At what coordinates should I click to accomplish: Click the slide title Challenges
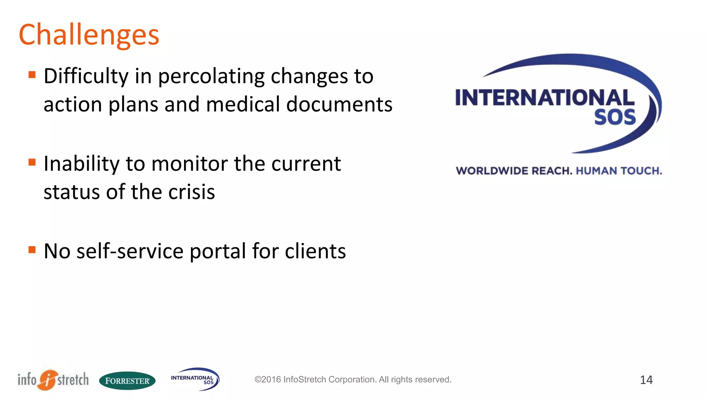coord(89,35)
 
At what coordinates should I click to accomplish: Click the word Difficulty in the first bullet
coord(86,76)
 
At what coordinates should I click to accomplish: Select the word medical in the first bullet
coord(243,104)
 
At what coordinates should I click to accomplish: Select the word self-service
coord(130,251)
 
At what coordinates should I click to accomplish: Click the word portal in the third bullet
coord(217,251)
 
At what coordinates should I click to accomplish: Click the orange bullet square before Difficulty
coord(32,75)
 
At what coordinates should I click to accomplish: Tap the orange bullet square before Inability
coord(32,162)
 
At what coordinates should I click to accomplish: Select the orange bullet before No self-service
coord(32,249)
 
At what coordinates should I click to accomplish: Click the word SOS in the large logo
coord(615,117)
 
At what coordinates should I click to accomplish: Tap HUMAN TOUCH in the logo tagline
coord(619,171)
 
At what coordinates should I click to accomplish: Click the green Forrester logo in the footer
coord(127,381)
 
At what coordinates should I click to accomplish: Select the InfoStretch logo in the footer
coord(53,380)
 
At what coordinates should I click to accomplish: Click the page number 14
coord(646,380)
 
